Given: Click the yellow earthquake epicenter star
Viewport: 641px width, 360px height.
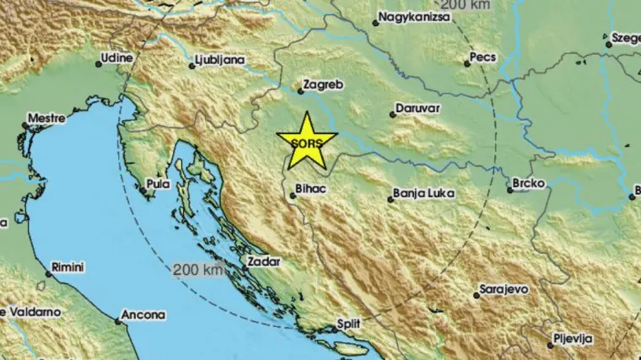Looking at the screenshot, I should click(x=307, y=141).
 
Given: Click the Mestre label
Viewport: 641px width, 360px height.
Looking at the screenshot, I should click(x=46, y=119).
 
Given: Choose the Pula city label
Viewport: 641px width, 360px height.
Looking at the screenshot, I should click(x=158, y=183).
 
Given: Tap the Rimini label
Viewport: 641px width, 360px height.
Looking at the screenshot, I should click(x=67, y=267).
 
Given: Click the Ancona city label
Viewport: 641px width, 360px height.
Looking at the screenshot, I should click(x=143, y=314).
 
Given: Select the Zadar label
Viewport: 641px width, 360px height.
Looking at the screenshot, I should click(x=263, y=262).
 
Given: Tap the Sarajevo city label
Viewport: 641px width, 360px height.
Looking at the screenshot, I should click(x=504, y=289).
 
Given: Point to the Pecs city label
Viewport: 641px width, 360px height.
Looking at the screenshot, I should click(x=485, y=58).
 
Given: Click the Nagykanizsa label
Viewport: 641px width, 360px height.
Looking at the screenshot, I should click(x=413, y=17).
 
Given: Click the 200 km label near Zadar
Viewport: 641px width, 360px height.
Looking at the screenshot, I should click(x=198, y=270).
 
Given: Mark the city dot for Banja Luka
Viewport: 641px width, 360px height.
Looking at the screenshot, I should click(x=391, y=200).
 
